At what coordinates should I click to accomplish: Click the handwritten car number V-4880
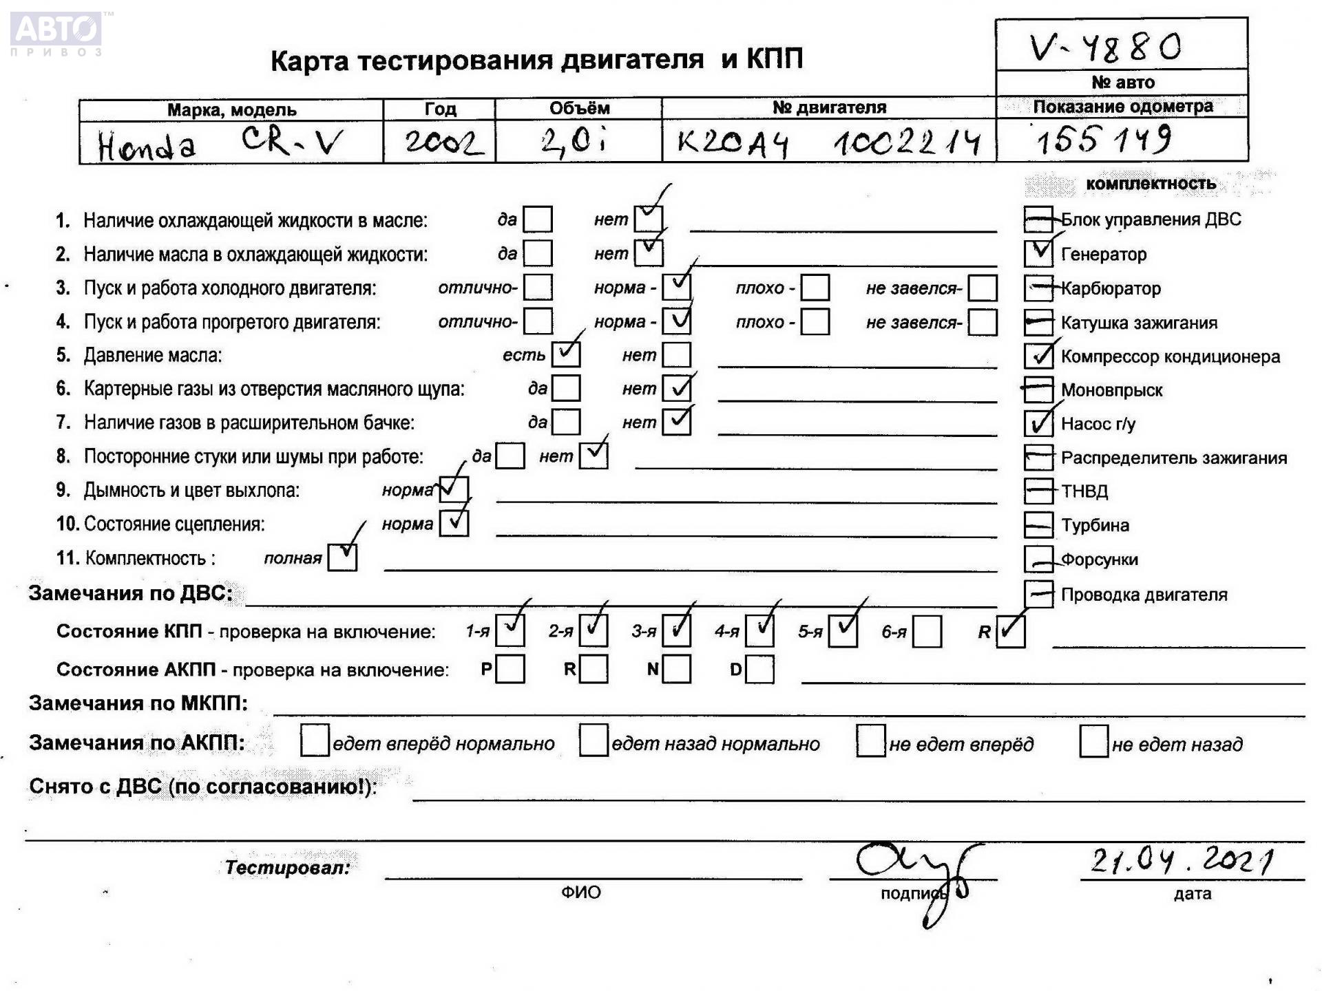pos(1105,47)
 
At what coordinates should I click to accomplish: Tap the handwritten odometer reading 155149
pos(1103,140)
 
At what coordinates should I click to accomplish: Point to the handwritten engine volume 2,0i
pos(574,142)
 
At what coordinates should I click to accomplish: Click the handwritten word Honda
pos(147,146)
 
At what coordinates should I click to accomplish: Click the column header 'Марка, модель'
pos(231,110)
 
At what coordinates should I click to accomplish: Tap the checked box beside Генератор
pos(1038,253)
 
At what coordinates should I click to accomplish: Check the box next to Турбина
pos(1038,525)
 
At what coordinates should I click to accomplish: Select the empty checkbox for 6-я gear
pos(927,632)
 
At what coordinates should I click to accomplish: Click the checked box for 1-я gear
pos(510,630)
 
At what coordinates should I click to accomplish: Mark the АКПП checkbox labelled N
pos(677,669)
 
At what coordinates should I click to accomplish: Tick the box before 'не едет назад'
pos(1093,741)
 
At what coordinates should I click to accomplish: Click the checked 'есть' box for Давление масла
pos(566,354)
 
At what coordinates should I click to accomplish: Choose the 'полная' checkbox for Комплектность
pos(342,557)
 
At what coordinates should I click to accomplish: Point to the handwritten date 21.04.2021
pos(1182,860)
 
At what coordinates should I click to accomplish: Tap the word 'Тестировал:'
pos(288,867)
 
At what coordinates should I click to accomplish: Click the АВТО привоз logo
pos(56,33)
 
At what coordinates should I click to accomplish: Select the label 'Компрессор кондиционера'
pos(1170,356)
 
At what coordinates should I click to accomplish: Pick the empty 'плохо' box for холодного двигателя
pos(815,288)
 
